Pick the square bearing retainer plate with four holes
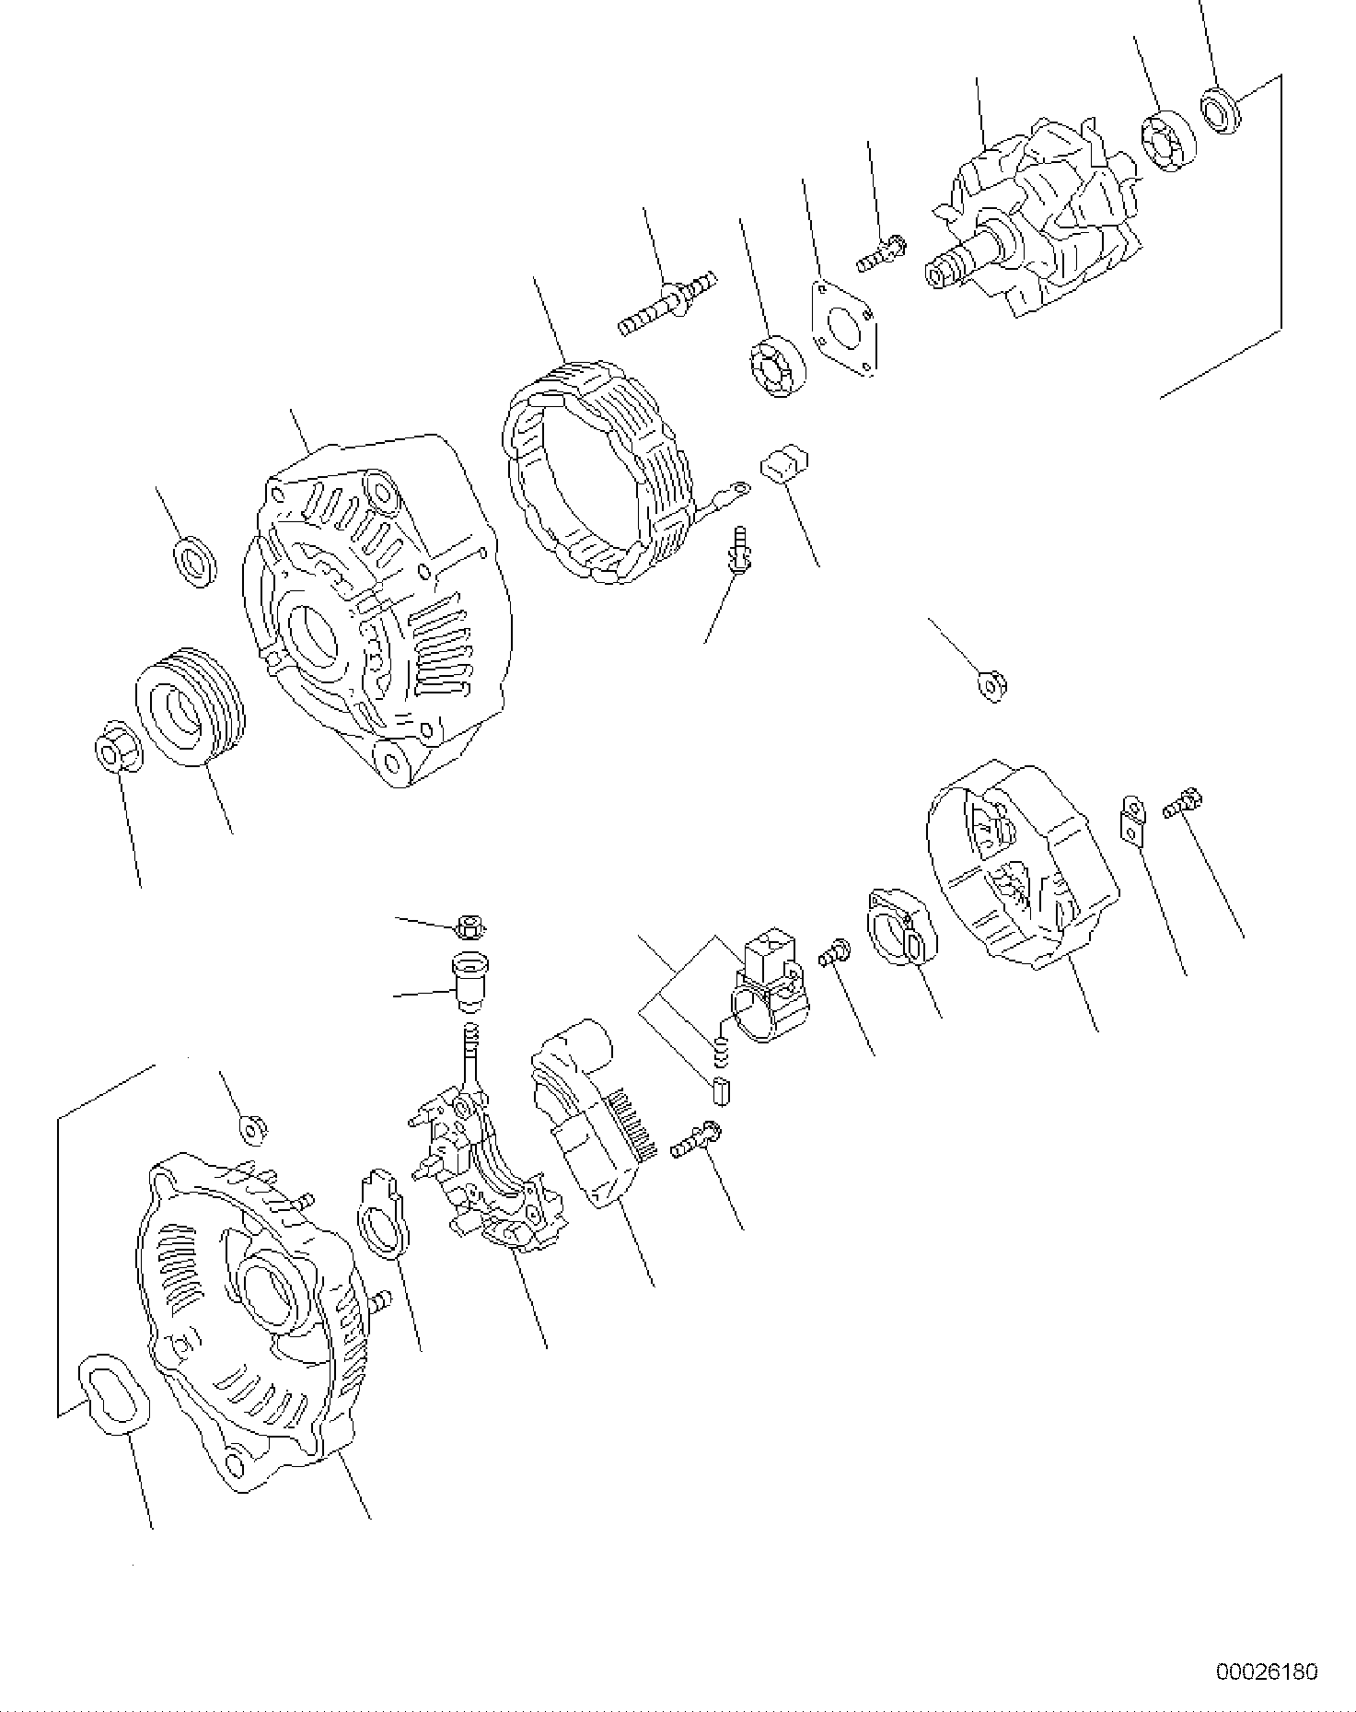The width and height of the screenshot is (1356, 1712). tap(844, 327)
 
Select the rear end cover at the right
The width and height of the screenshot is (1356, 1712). tap(1022, 866)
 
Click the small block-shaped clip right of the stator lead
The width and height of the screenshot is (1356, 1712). tap(783, 462)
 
